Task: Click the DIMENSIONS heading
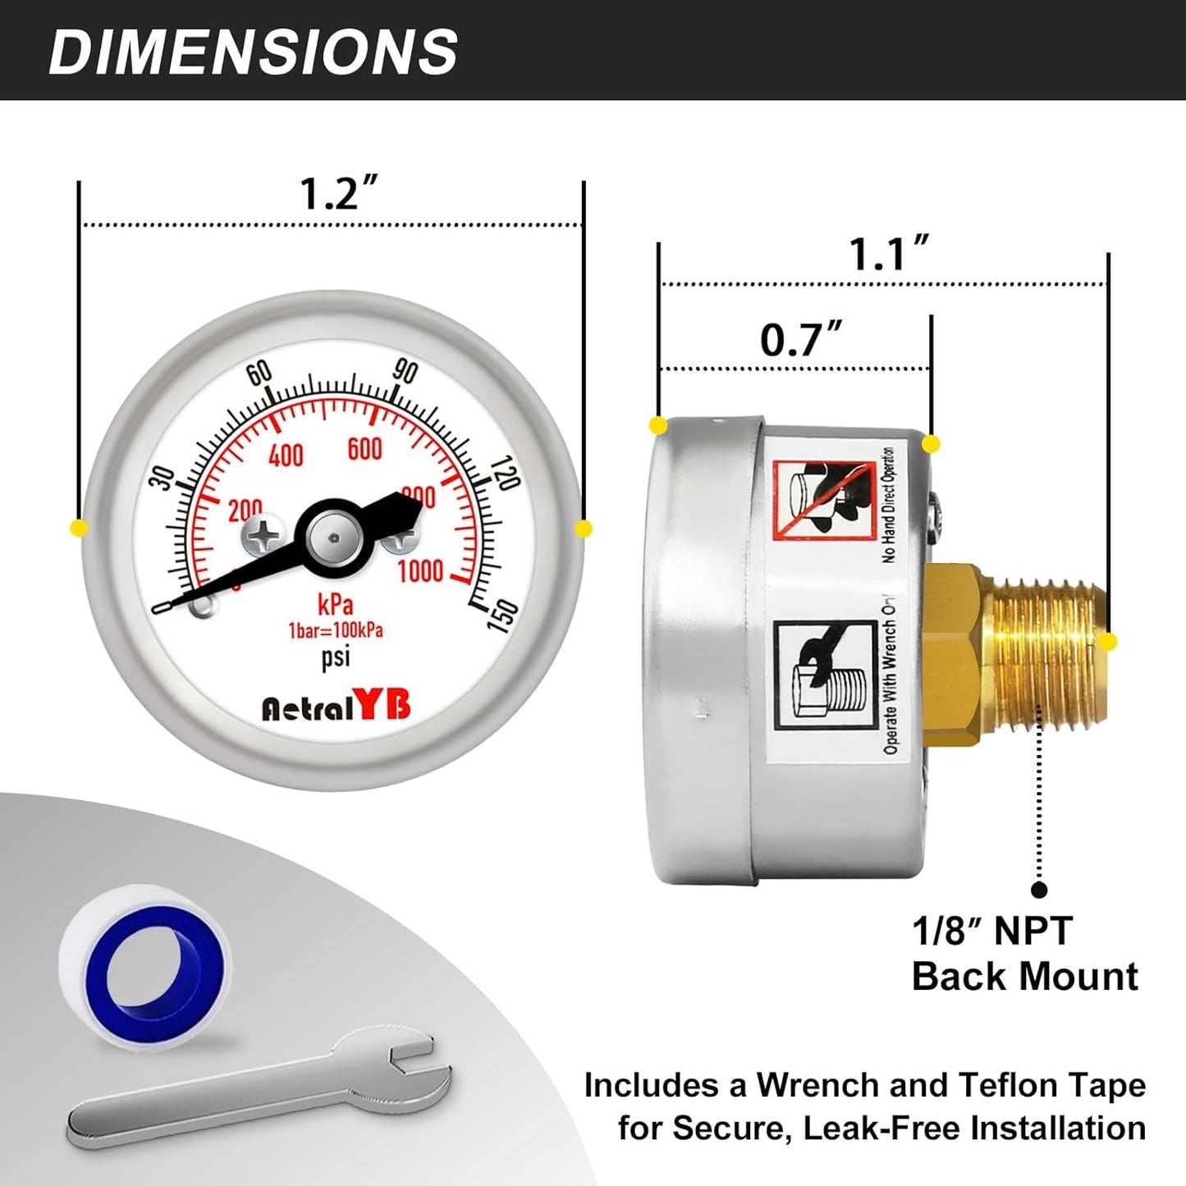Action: (253, 53)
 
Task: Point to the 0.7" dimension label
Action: (800, 340)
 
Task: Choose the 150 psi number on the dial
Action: (502, 616)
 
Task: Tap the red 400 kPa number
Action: (286, 455)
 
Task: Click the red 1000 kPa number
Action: (420, 570)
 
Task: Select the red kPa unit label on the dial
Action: (335, 605)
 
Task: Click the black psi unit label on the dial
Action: (335, 657)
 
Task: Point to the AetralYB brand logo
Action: (336, 707)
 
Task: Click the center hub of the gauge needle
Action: (334, 538)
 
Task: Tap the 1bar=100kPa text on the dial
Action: (335, 631)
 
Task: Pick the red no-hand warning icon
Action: (824, 500)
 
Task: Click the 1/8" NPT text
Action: (991, 932)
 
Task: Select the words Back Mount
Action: (1024, 977)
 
